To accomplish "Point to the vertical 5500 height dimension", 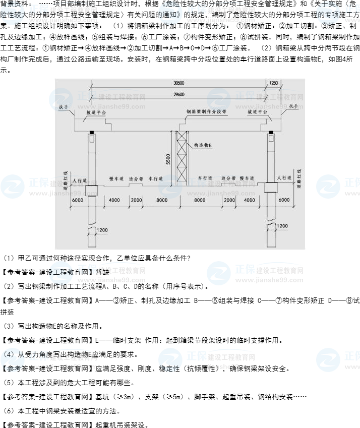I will point(168,159).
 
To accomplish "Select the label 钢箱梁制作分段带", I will point(205,112).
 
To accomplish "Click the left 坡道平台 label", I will point(96,113).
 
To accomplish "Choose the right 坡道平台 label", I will point(257,113).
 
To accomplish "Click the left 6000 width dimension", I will point(78,200).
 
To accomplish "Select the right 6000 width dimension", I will point(284,200).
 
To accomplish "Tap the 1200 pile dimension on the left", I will point(102,230).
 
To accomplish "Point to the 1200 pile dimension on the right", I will point(282,226).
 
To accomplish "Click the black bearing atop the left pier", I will point(92,133).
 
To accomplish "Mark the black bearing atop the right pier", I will point(271,133).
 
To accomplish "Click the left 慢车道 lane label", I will point(116,178).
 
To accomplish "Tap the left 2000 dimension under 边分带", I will point(136,200).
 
